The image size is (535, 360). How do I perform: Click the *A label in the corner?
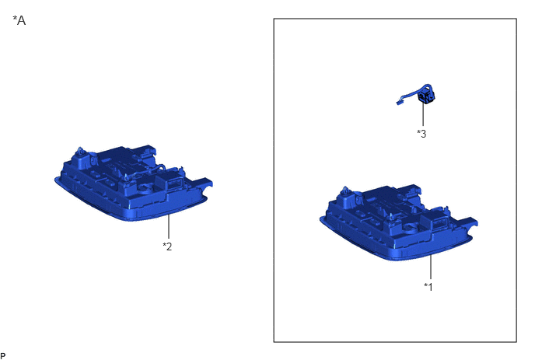(19, 20)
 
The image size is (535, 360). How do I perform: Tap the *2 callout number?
(167, 246)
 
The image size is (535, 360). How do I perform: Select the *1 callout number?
(428, 287)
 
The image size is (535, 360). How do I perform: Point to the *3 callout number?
(421, 134)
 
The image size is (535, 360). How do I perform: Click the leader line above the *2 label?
(169, 226)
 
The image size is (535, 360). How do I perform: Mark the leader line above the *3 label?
(424, 114)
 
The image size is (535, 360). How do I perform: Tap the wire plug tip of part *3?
(398, 102)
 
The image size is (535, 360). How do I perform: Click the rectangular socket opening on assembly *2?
(173, 184)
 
